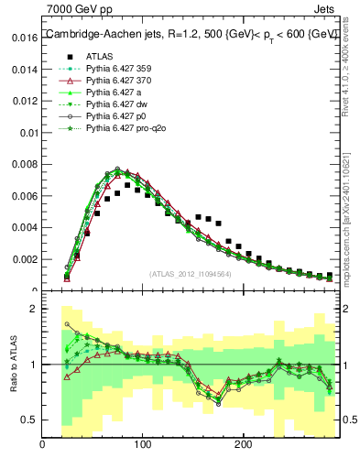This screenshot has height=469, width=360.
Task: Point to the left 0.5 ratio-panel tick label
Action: point(29,420)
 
